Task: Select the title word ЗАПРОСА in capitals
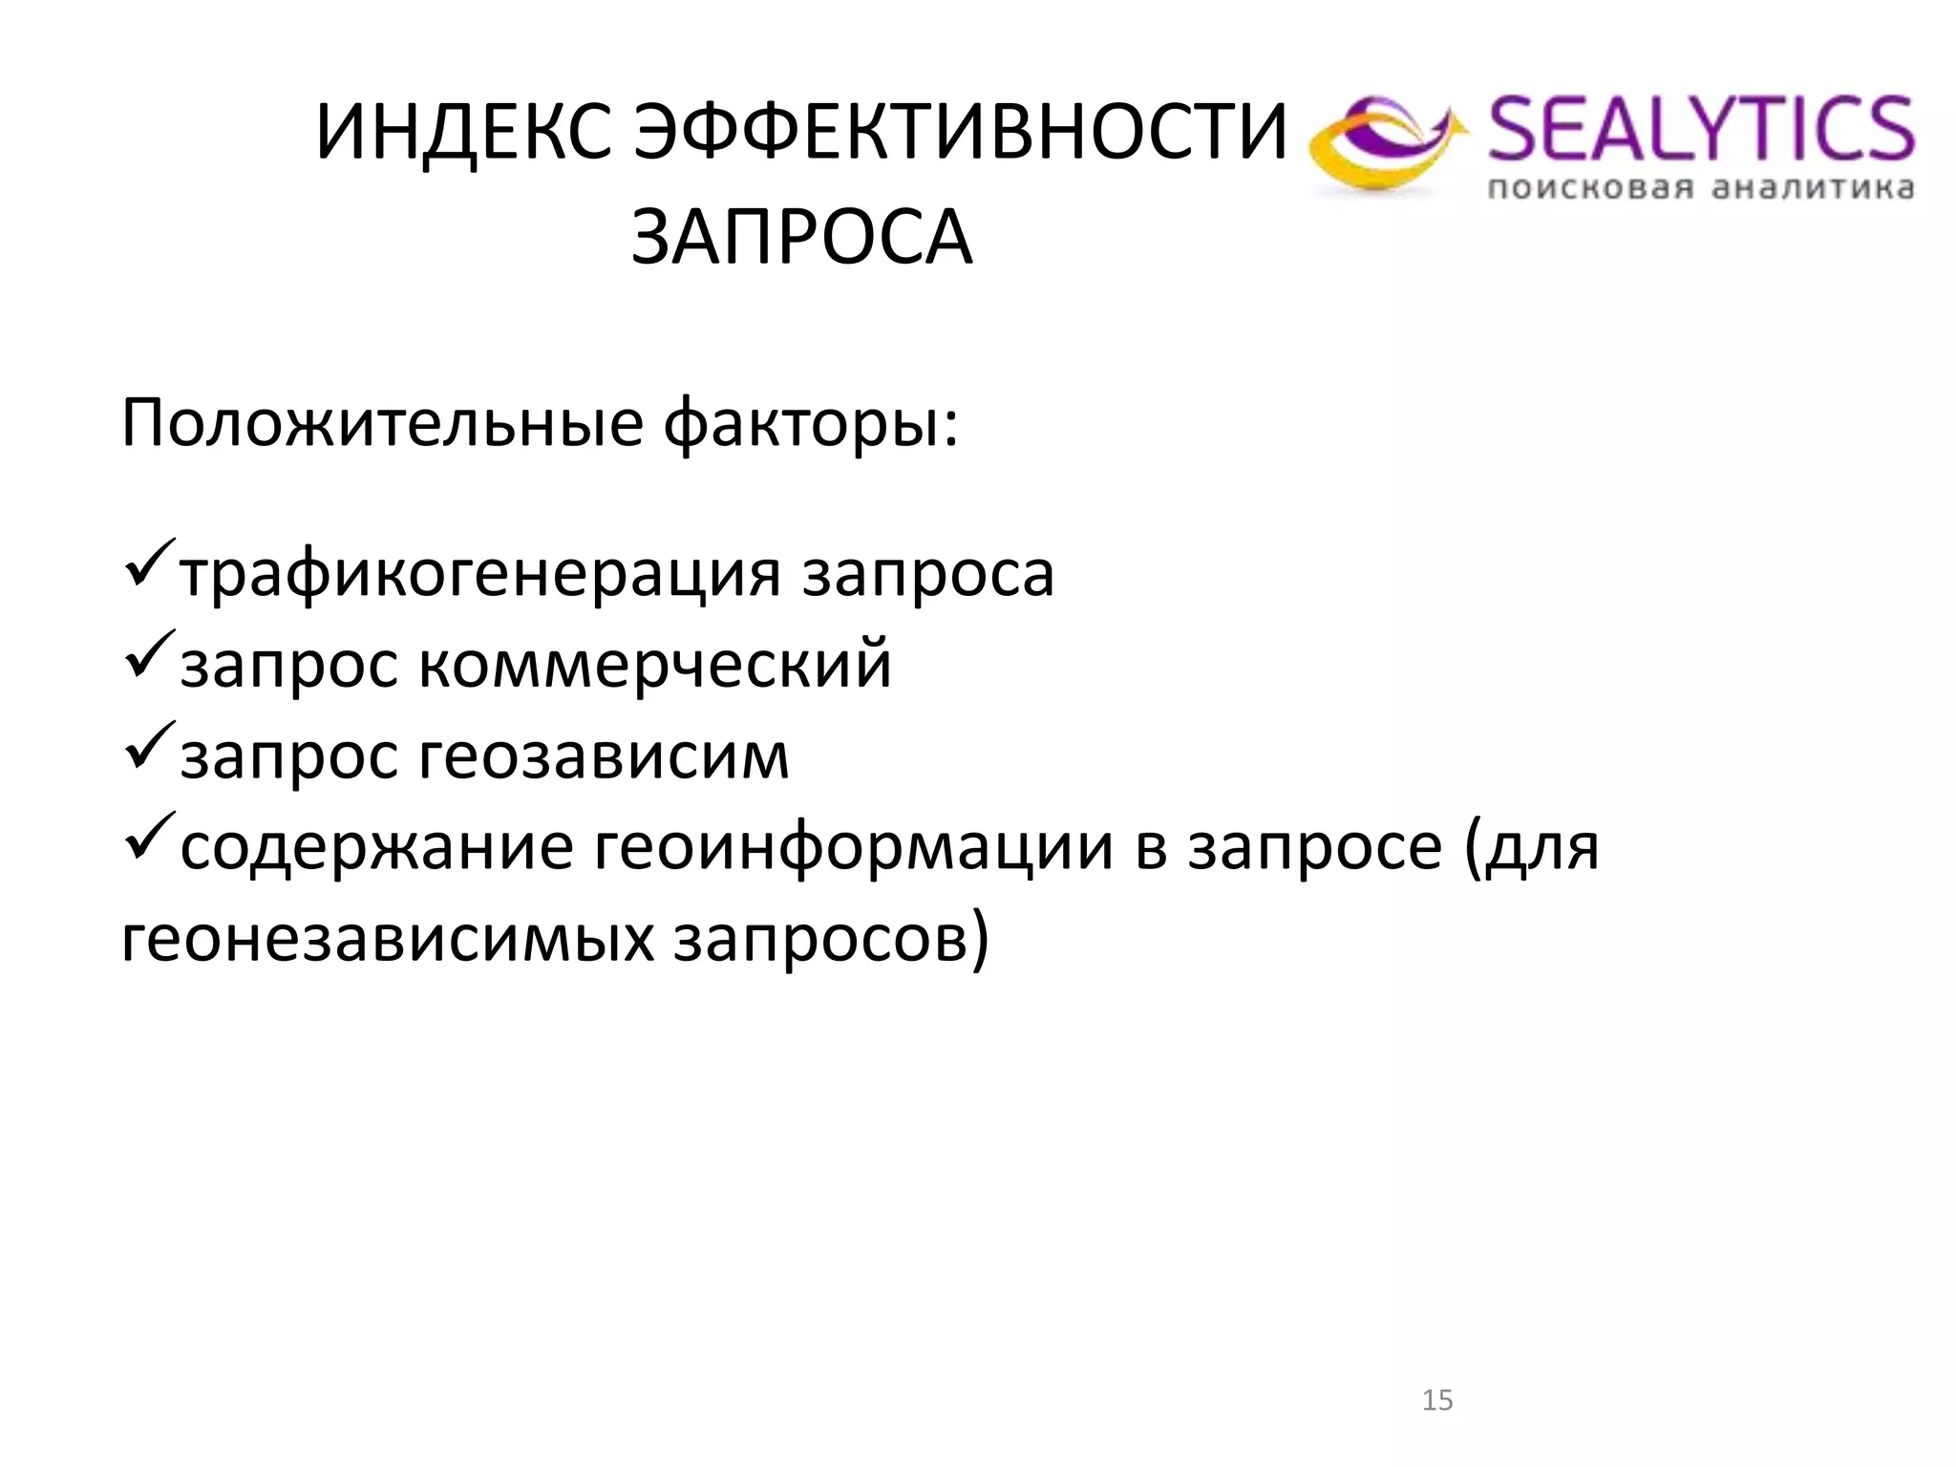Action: tap(801, 237)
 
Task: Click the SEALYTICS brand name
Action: tap(1700, 129)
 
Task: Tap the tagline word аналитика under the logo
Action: tap(1813, 187)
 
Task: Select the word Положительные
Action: tap(382, 423)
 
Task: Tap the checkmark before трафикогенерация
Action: tap(149, 564)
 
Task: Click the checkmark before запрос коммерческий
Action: tap(149, 655)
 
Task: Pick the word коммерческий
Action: tap(655, 664)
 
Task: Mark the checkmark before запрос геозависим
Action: tap(149, 746)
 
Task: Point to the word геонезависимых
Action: tap(388, 938)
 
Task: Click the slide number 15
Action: tap(1436, 1400)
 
